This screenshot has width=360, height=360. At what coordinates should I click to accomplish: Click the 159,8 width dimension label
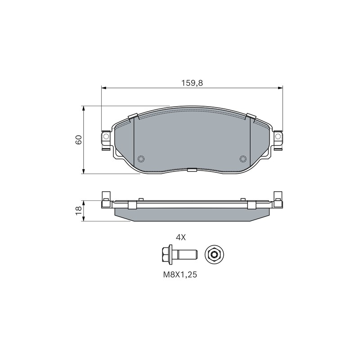click(x=192, y=83)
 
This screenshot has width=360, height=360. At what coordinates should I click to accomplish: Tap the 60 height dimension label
click(x=78, y=139)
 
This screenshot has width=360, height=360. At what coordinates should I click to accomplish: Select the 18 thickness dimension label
click(x=78, y=210)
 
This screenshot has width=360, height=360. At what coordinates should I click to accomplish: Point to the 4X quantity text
click(x=181, y=238)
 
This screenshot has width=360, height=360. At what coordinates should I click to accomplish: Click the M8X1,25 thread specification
click(x=180, y=275)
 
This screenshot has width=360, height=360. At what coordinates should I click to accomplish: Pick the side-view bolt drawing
click(x=179, y=254)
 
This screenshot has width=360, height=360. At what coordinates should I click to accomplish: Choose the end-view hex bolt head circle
click(x=214, y=254)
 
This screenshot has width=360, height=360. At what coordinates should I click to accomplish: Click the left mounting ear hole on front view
click(x=106, y=137)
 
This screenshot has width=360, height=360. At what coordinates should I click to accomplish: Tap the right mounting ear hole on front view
click(x=278, y=137)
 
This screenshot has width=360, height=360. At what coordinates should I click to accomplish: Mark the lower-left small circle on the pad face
click(x=140, y=159)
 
